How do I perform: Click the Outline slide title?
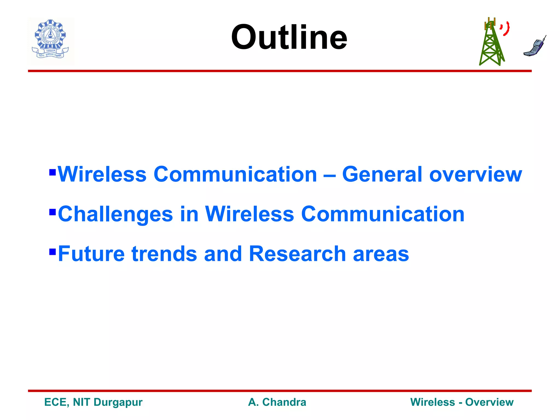[289, 37]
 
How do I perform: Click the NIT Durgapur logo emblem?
[51, 40]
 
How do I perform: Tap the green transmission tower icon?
[491, 44]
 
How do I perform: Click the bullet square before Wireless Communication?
[52, 172]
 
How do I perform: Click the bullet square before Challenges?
[52, 212]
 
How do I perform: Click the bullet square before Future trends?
[52, 251]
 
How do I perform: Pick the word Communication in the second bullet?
[383, 214]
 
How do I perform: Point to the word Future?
[91, 254]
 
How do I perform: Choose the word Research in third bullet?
[297, 254]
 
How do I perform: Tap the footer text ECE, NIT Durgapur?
[93, 402]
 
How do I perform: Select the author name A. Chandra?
[277, 402]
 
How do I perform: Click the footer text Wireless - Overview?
[462, 402]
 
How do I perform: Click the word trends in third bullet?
[164, 254]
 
